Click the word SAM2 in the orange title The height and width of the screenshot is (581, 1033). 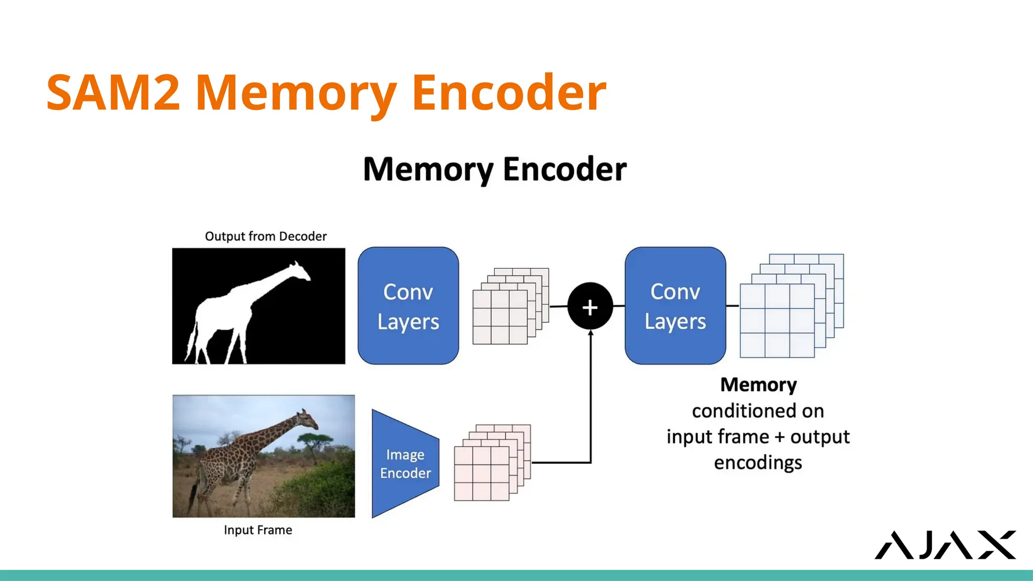click(113, 93)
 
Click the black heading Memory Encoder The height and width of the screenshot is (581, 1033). click(494, 169)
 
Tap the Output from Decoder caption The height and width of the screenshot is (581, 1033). click(265, 236)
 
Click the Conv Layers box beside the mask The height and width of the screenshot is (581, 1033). click(408, 306)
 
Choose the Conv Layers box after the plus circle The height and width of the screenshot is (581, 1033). click(675, 306)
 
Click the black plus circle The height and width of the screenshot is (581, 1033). click(590, 306)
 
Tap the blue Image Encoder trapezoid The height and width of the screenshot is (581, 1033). click(405, 463)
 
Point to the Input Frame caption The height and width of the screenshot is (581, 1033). click(258, 530)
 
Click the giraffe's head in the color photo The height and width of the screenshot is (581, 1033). click(306, 419)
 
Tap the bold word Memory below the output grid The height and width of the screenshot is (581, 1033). click(758, 385)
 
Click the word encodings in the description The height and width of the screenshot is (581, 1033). click(758, 462)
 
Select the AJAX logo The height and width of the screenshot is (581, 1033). click(945, 545)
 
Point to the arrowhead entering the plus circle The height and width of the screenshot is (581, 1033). click(590, 333)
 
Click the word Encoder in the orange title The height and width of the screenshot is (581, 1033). click(508, 93)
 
